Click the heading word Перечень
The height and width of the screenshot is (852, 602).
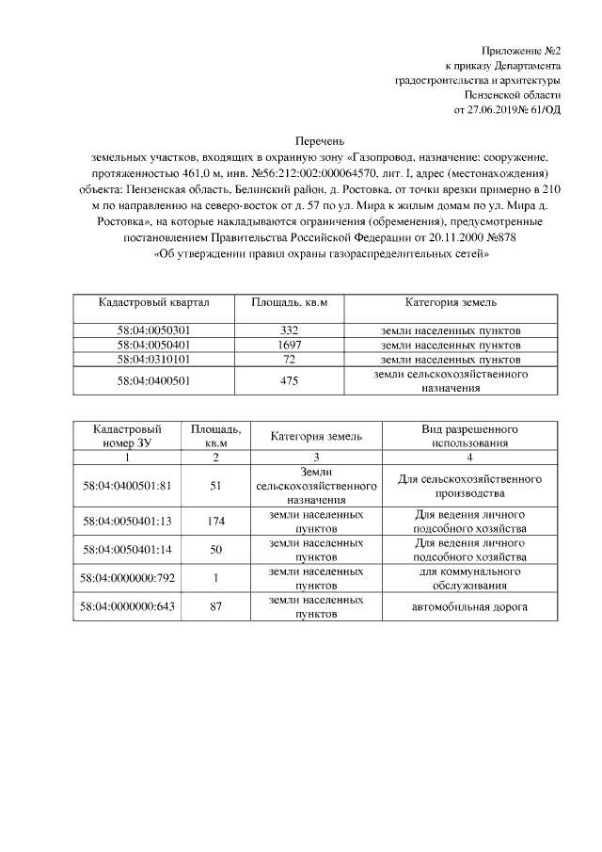(306, 138)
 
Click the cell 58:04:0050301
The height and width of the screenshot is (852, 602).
(153, 331)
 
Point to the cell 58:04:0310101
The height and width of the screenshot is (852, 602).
(153, 360)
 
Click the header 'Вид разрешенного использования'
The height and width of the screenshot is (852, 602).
(468, 435)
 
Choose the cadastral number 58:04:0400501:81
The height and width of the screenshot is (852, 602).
(127, 485)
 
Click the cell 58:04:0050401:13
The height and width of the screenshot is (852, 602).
(127, 521)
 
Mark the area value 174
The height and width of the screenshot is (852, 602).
(215, 521)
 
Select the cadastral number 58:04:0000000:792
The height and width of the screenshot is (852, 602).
(127, 578)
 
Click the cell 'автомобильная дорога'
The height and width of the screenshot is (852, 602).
(468, 606)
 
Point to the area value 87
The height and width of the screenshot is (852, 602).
(215, 606)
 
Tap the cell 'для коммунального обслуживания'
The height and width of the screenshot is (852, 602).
(468, 578)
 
